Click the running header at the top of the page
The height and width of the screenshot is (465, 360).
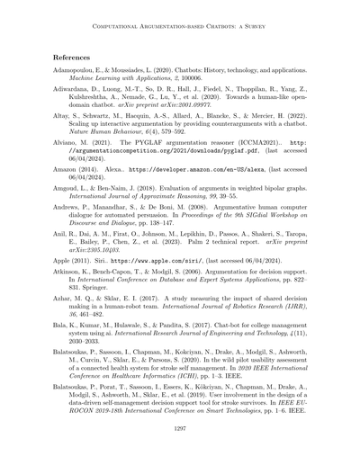pos(180,25)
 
